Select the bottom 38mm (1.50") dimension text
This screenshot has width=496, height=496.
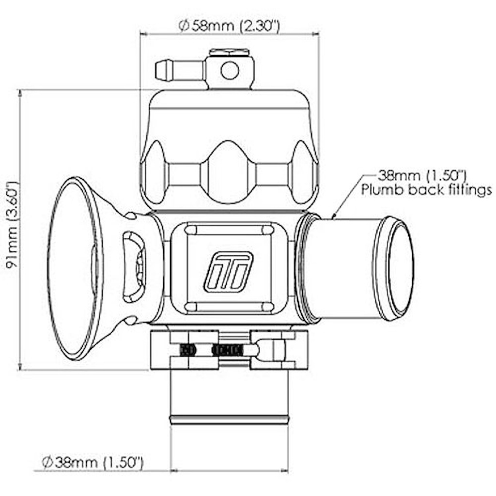tap(99, 462)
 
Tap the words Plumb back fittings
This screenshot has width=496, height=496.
tap(426, 190)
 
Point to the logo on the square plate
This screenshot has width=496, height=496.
tap(228, 272)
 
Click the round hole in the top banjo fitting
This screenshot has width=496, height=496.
tap(230, 71)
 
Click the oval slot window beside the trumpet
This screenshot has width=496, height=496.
tap(134, 267)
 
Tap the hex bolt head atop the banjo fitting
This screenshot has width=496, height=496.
tap(229, 52)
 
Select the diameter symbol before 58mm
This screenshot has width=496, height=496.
tap(184, 26)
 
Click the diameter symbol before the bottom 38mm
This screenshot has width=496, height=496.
tap(47, 462)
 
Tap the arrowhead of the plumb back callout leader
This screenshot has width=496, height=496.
tap(333, 217)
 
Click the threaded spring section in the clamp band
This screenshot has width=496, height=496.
tap(228, 350)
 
